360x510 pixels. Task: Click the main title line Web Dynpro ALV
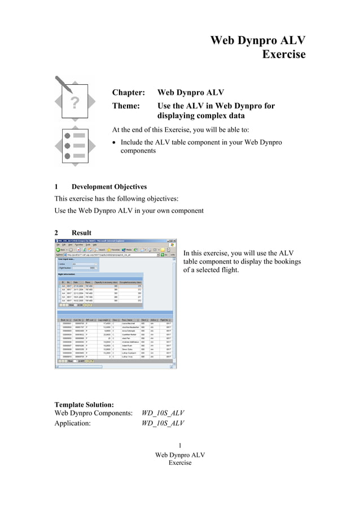257,40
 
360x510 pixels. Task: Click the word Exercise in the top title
284,55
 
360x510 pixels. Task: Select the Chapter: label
129,93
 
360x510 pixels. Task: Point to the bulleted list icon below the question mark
74,145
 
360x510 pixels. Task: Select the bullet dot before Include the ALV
115,142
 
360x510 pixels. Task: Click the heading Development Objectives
109,186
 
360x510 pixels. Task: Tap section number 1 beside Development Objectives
56,186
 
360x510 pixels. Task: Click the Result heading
81,233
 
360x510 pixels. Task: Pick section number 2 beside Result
56,233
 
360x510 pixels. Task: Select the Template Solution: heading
84,404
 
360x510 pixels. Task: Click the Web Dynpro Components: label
93,413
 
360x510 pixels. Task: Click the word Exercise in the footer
180,463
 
